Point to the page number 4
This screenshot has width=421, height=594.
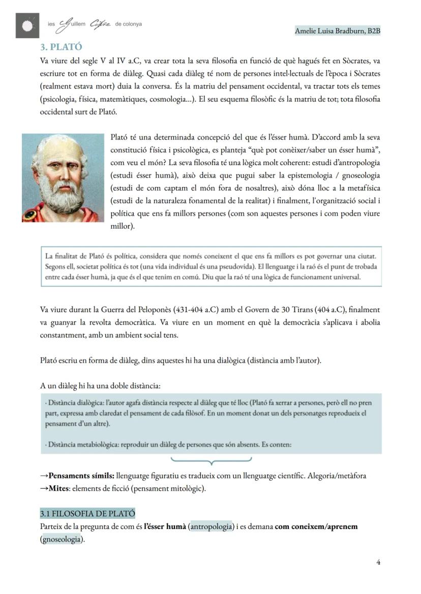tap(378, 561)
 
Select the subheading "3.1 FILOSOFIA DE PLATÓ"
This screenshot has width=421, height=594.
tap(87, 513)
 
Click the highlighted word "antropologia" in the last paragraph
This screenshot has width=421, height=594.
tap(211, 526)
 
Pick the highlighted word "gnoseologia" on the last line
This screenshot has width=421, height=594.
tap(62, 540)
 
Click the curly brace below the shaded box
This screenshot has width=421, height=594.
tap(211, 461)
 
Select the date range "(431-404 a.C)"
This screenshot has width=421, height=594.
tap(196, 309)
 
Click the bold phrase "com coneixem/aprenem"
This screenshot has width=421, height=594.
tap(316, 526)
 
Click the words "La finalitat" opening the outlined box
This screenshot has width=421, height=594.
tap(61, 255)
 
